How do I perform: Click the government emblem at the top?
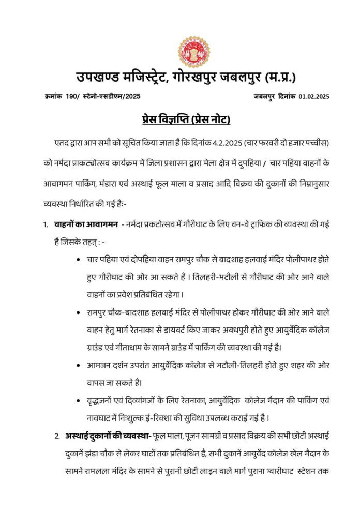pyautogui.click(x=194, y=52)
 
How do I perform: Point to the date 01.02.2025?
pyautogui.click(x=314, y=97)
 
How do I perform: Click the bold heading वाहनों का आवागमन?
pyautogui.click(x=87, y=224)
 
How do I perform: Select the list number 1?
pyautogui.click(x=46, y=225)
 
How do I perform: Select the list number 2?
pyautogui.click(x=57, y=436)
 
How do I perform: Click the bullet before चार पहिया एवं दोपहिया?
pyautogui.click(x=78, y=260)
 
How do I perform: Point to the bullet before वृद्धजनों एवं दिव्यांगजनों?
pyautogui.click(x=78, y=401)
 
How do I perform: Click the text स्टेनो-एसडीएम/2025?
pyautogui.click(x=114, y=97)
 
